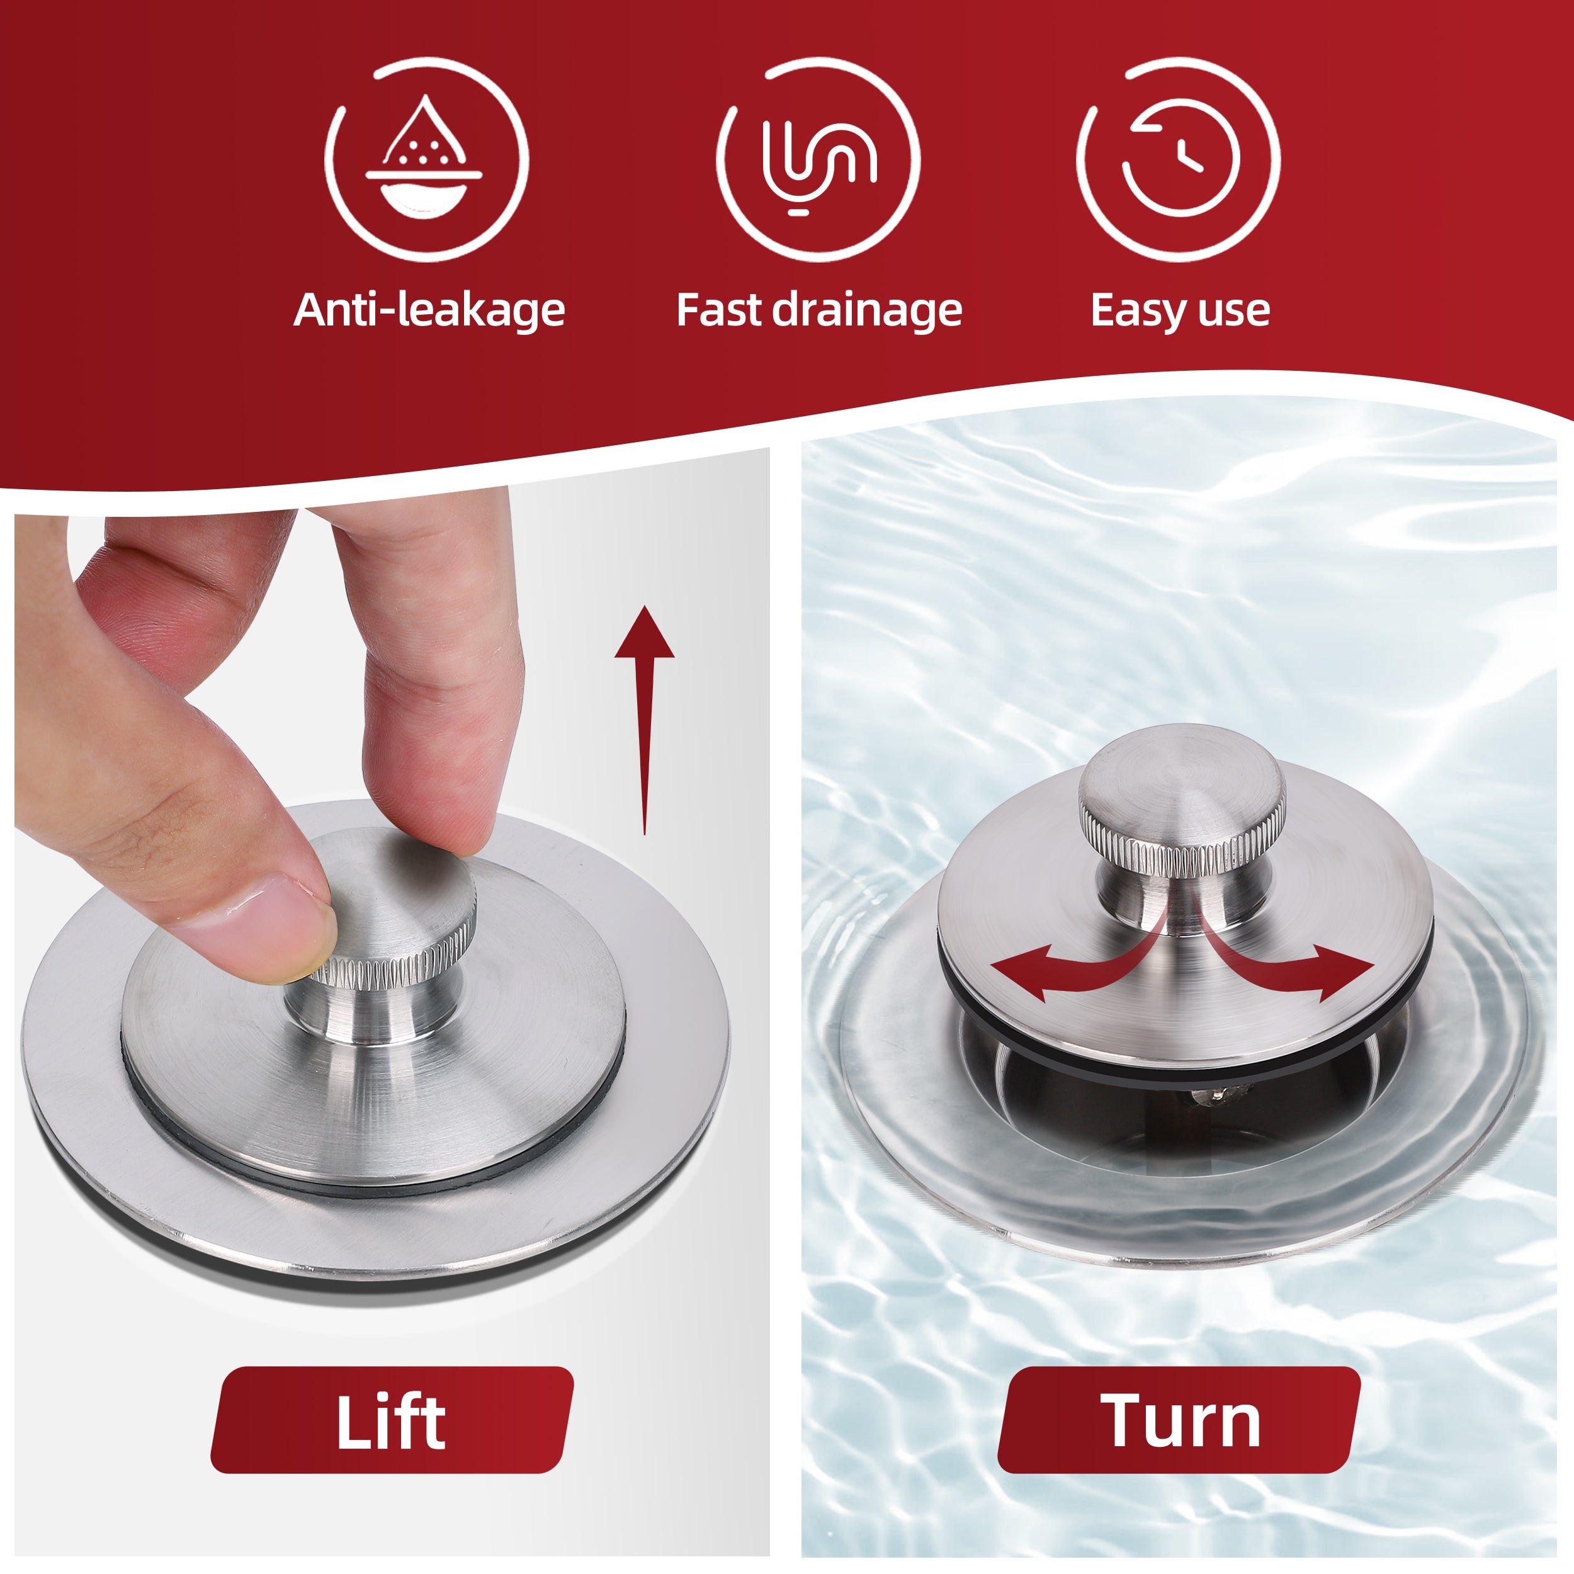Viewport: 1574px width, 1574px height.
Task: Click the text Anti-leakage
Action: (x=429, y=310)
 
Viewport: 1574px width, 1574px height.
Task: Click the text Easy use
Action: (x=1180, y=310)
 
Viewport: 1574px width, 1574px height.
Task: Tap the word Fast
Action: (x=720, y=310)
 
